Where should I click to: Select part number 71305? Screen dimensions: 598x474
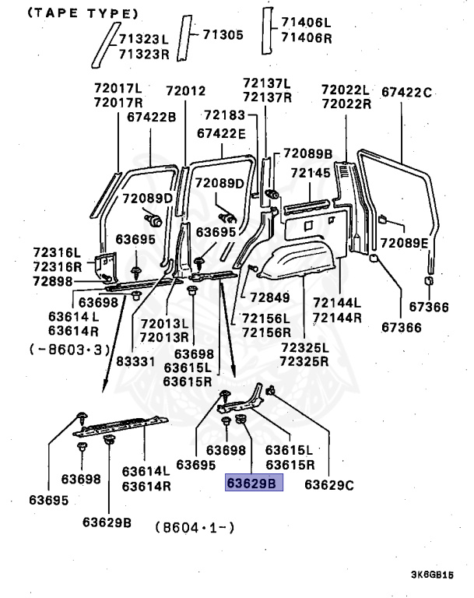tap(223, 34)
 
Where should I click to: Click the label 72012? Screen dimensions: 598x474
tap(185, 91)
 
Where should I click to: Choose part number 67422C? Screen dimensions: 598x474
tap(406, 92)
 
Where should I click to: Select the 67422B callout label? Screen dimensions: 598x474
tap(152, 117)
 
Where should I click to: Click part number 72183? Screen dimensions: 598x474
tap(224, 114)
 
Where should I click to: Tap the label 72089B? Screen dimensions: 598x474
tap(307, 153)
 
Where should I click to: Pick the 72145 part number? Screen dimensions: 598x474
tap(311, 172)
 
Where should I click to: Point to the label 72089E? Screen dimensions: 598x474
tap(404, 244)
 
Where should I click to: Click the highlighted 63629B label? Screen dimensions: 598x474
tap(251, 484)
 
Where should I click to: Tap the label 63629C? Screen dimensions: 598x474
tap(329, 484)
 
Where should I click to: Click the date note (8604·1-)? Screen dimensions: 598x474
tap(195, 527)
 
